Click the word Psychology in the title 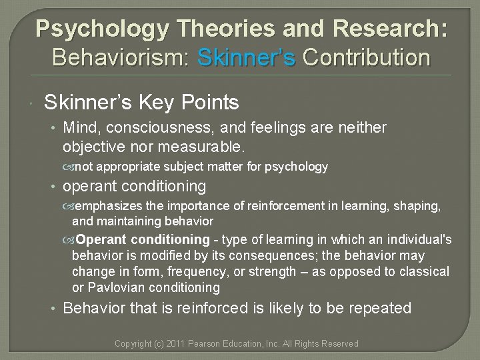click(x=99, y=29)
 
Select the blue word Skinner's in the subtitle click(x=247, y=57)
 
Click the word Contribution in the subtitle click(x=366, y=57)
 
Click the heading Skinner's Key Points click(x=141, y=102)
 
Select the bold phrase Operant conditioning click(x=143, y=239)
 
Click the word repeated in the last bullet click(x=382, y=309)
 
